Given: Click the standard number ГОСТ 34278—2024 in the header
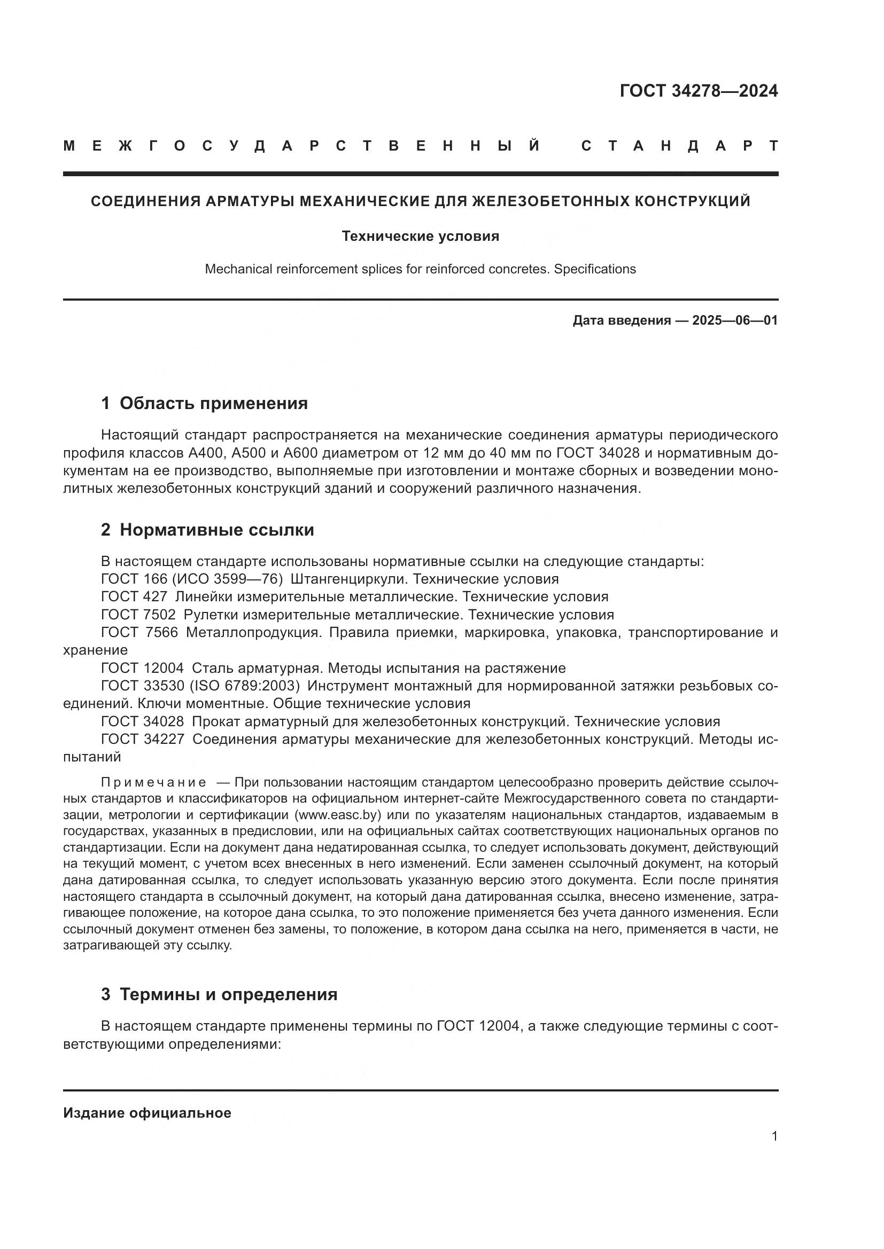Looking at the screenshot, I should (699, 91).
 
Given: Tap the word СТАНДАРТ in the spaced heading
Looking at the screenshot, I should (680, 146).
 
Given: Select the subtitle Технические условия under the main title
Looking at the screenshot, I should (420, 236).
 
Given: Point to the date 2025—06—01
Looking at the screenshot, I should (735, 320).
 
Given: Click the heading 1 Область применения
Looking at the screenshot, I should (204, 403).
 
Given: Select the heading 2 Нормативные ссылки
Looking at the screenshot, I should (207, 529).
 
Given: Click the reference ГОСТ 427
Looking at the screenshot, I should (134, 597).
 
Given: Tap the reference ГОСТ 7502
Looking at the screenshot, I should (138, 615).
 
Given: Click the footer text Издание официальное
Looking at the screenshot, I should (147, 1113).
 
